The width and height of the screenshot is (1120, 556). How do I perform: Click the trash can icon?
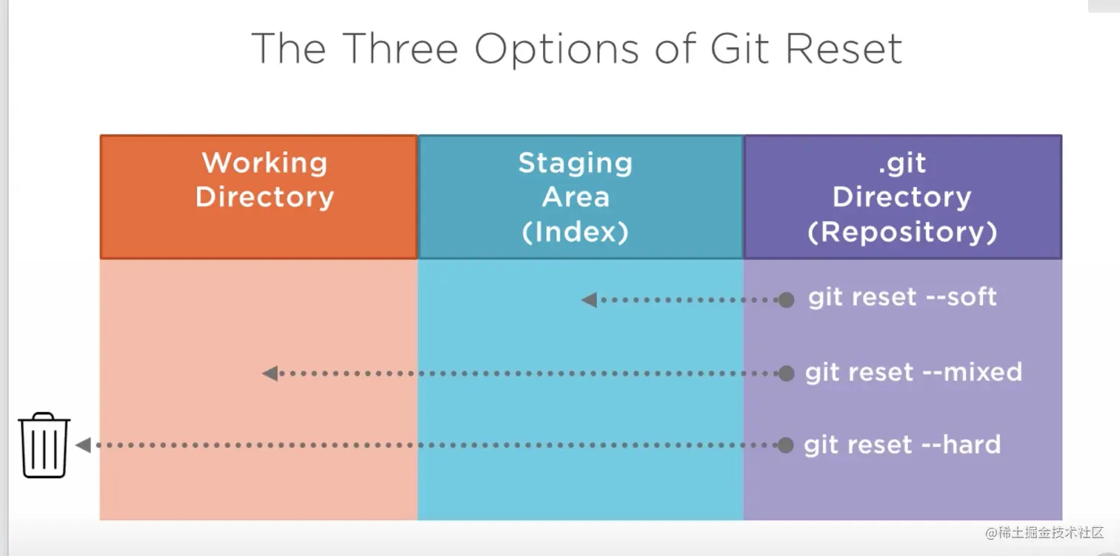[44, 445]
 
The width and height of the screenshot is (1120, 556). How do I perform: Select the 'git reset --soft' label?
[902, 297]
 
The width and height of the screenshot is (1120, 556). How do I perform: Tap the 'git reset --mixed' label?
[913, 372]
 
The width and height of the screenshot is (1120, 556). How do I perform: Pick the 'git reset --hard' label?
[902, 445]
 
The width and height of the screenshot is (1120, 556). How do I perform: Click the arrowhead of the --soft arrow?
[589, 299]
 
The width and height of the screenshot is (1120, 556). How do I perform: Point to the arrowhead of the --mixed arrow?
[270, 373]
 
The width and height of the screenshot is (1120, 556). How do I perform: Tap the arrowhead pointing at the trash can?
[83, 445]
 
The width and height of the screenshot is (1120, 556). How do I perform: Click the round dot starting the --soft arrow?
[786, 299]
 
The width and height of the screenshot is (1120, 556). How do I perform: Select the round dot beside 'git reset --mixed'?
[786, 373]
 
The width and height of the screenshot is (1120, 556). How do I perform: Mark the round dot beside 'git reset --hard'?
[785, 445]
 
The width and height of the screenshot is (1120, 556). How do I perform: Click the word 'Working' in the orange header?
[264, 164]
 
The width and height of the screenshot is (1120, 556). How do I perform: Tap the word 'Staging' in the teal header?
[576, 164]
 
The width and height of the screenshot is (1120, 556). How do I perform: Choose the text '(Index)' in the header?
[575, 232]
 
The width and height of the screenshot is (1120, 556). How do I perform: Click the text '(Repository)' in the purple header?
[902, 232]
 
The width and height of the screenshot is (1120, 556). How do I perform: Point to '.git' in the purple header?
[902, 163]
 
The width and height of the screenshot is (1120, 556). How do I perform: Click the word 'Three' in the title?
[401, 48]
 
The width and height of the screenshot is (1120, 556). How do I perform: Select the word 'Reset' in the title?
[844, 48]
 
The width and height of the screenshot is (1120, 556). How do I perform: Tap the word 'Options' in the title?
[556, 50]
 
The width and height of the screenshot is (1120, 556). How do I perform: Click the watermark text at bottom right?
[1044, 532]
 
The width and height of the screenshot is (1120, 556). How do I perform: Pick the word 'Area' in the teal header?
[576, 196]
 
